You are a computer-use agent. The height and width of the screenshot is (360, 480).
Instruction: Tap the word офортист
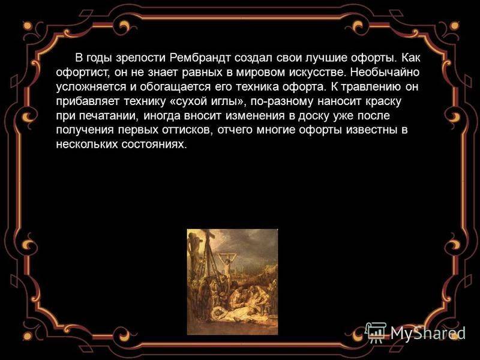pyautogui.click(x=83, y=73)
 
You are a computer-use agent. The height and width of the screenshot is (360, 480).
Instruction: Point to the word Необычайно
pyautogui.click(x=385, y=72)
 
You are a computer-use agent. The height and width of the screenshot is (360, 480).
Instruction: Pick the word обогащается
pyautogui.click(x=175, y=87)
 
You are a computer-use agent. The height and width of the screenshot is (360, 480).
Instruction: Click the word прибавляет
pyautogui.click(x=88, y=101)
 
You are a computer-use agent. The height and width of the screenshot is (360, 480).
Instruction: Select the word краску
pyautogui.click(x=383, y=101)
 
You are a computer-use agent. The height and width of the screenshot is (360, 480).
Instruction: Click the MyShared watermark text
pyautogui.click(x=428, y=333)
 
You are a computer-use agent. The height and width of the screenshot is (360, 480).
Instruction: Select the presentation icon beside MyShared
pyautogui.click(x=377, y=332)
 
